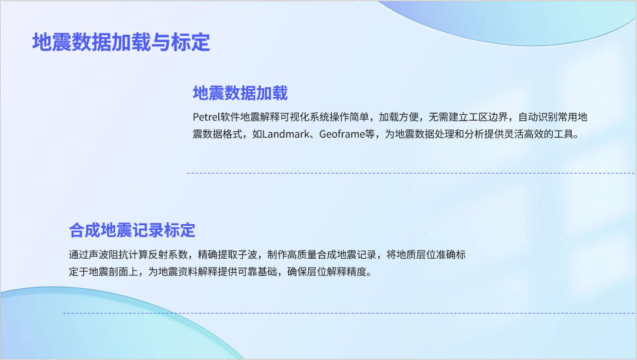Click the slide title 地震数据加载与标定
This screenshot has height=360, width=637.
121,42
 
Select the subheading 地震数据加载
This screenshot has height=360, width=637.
240,93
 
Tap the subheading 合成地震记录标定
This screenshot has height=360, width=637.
132,230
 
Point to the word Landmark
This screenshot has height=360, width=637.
286,134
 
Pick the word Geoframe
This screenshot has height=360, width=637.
342,134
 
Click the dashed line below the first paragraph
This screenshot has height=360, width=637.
411,173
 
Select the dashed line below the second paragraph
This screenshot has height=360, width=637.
349,313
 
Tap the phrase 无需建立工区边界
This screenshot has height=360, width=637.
468,117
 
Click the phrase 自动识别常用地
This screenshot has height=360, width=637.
553,117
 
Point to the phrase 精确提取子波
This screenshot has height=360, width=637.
228,255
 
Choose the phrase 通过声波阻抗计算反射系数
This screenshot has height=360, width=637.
128,255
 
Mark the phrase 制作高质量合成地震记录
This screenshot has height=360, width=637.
322,255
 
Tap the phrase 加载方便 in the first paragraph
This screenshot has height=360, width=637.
399,117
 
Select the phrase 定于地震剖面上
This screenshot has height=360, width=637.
103,271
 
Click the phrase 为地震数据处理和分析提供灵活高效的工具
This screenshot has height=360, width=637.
479,134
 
